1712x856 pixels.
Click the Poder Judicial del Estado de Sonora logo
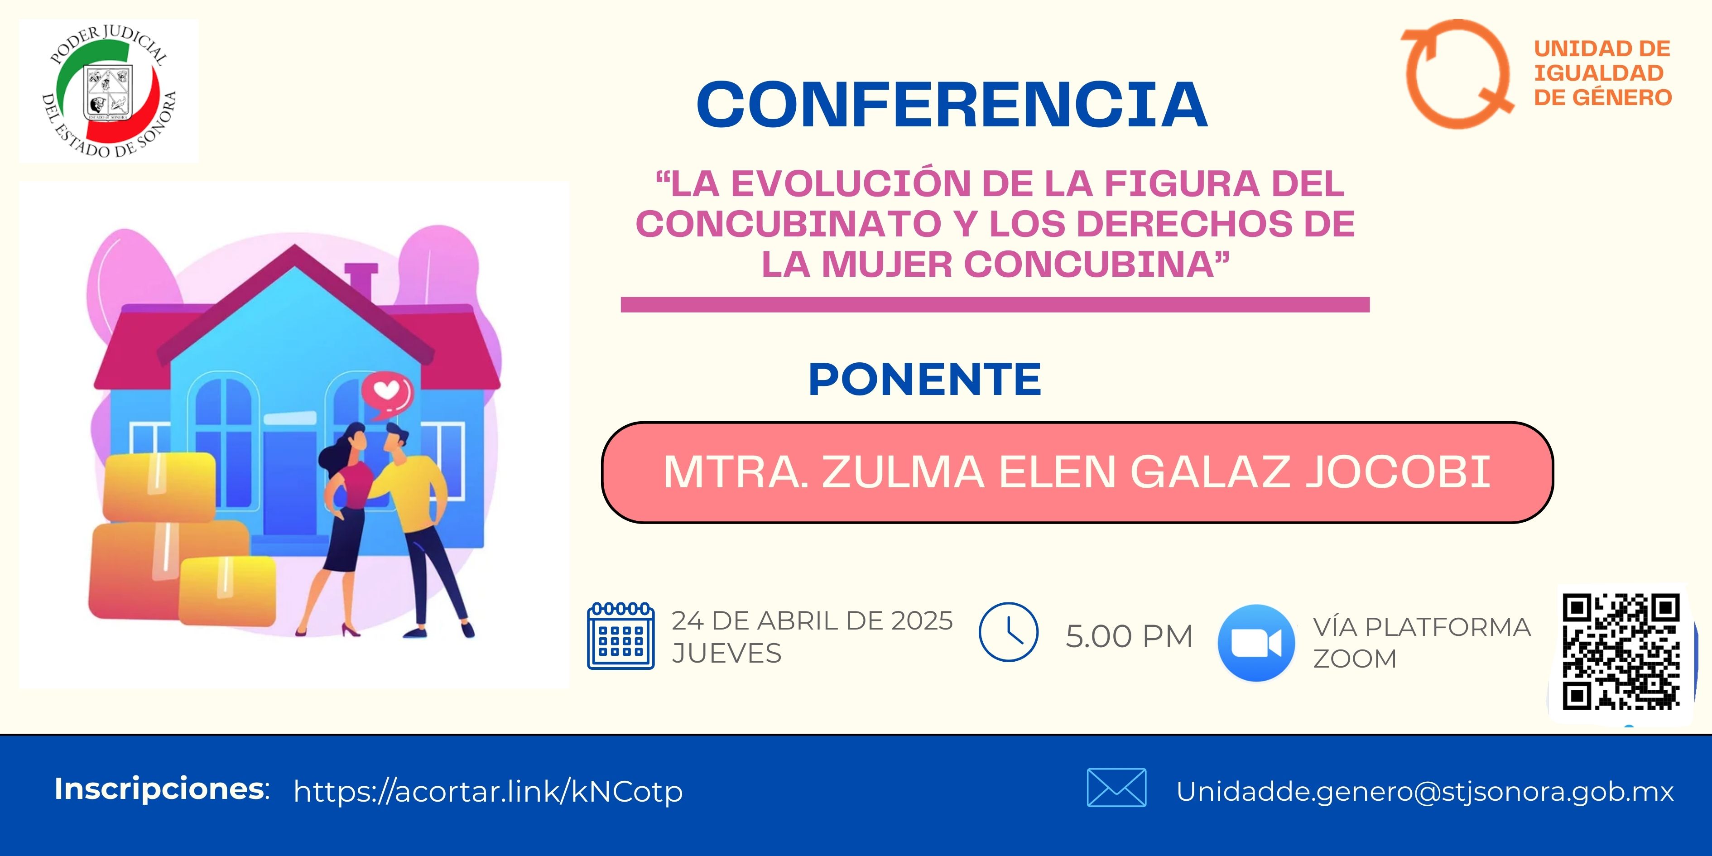click(x=109, y=91)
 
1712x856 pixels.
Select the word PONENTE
click(x=924, y=380)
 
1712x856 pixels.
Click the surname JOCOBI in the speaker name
click(x=1398, y=472)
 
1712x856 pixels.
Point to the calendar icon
click(x=621, y=635)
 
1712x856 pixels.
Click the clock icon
click(x=1008, y=632)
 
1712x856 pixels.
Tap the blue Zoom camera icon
click(x=1256, y=643)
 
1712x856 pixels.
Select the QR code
click(x=1621, y=652)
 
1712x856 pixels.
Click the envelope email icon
click(x=1116, y=788)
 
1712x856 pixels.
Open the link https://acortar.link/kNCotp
click(x=489, y=791)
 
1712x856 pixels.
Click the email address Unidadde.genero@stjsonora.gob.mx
click(x=1425, y=791)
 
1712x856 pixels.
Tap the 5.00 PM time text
click(x=1129, y=636)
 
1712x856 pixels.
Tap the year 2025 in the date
click(x=922, y=621)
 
